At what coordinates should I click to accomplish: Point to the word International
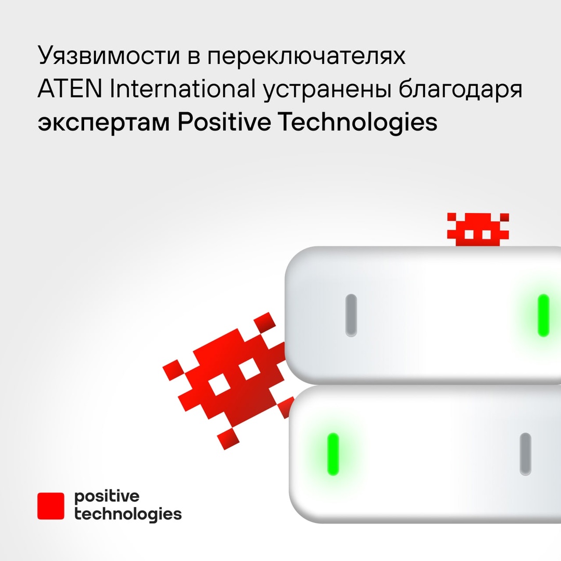pyautogui.click(x=181, y=90)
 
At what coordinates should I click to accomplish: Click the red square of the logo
pyautogui.click(x=51, y=506)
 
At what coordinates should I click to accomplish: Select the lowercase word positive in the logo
pyautogui.click(x=107, y=497)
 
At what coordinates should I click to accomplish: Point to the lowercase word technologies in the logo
pyautogui.click(x=128, y=514)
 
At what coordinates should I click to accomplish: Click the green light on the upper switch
pyautogui.click(x=543, y=315)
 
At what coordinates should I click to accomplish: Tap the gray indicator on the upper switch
pyautogui.click(x=351, y=315)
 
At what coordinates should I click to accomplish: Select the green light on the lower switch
pyautogui.click(x=332, y=454)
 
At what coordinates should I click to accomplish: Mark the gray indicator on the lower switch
pyautogui.click(x=525, y=454)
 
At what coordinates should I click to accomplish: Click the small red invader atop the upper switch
pyautogui.click(x=478, y=229)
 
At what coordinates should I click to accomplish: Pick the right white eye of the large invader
pyautogui.click(x=250, y=369)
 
